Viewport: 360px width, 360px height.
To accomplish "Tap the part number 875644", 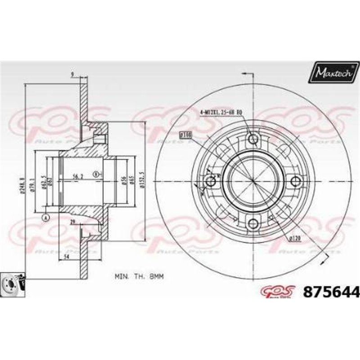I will click(333, 293).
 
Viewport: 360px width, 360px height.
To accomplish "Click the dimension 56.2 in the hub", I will click(79, 176).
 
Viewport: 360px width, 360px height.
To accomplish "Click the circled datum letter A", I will click(45, 218).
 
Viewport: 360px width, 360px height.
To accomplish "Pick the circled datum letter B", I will click(96, 174).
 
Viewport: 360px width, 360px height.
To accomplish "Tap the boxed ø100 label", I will click(185, 134).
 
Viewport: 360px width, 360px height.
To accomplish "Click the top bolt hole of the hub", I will click(253, 139).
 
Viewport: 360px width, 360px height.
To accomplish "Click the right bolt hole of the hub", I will click(295, 181).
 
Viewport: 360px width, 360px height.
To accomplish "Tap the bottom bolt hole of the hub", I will click(253, 223).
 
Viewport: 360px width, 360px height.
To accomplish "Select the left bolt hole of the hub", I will click(211, 181).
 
